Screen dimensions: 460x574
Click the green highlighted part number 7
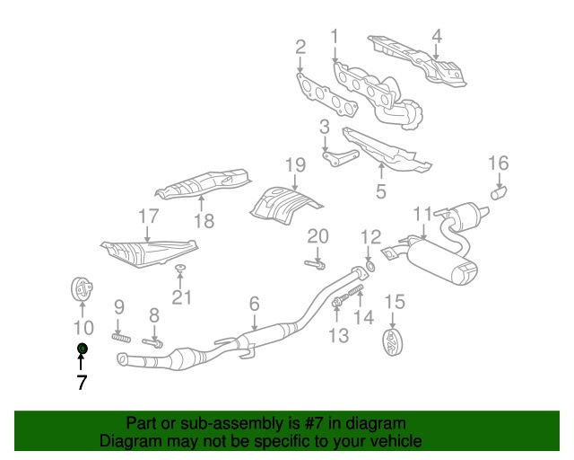tap(81, 348)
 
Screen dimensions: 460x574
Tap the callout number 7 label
tap(81, 383)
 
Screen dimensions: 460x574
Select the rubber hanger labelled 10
tap(82, 291)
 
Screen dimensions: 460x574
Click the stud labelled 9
tap(121, 339)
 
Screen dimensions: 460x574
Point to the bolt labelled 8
tap(153, 342)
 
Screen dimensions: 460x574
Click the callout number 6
tap(254, 305)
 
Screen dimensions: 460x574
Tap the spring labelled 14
tap(355, 293)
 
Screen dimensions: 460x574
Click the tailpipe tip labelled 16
tap(498, 190)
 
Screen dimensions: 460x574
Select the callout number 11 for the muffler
tap(422, 214)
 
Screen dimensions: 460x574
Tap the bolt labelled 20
tap(314, 264)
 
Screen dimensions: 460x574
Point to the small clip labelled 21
tap(179, 269)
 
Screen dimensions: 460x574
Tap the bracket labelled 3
tap(337, 159)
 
